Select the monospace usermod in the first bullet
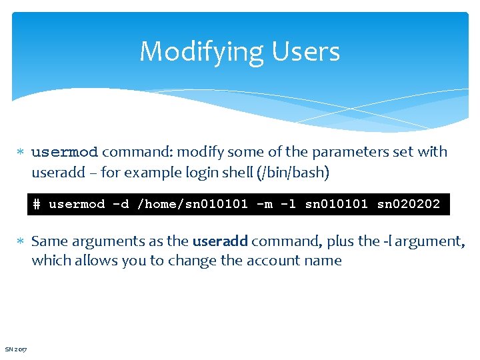(65, 152)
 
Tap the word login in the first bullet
(189, 172)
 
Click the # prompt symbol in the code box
(37, 204)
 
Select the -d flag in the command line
(121, 204)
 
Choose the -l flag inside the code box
(288, 204)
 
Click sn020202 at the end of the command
(408, 204)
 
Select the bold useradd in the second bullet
(219, 241)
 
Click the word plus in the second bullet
(342, 241)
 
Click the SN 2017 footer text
(16, 349)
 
